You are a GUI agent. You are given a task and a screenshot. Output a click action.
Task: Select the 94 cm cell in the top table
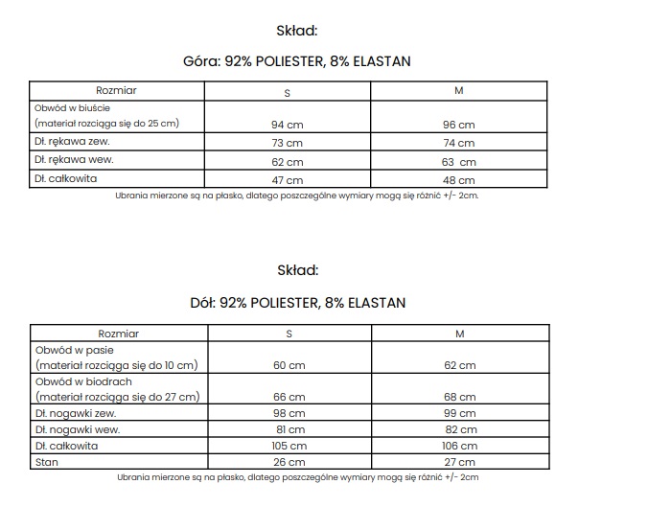287,125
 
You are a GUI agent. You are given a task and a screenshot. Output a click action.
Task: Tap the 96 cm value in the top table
459,125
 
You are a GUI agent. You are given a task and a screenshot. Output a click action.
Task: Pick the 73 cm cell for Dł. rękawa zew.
287,143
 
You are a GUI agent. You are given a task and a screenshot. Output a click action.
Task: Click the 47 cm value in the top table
287,180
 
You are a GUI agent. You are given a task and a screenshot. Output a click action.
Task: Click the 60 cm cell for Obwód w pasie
289,365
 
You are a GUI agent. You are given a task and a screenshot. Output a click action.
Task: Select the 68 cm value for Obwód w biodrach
459,397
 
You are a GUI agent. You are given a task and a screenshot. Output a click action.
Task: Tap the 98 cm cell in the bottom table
289,413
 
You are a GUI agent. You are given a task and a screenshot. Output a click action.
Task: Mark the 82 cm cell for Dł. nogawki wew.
459,430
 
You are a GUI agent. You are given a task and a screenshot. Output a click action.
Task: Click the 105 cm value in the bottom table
289,447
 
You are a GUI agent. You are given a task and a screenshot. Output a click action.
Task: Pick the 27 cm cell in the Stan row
459,463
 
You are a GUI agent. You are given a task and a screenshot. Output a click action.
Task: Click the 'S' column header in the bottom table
289,334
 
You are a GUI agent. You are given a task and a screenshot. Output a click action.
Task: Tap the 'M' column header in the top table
459,90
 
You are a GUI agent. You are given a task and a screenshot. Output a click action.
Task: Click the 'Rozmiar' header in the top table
117,90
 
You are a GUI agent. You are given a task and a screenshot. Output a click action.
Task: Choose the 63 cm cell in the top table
459,162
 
